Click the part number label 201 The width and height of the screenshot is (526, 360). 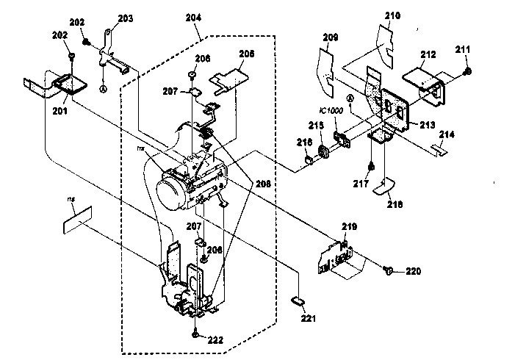pos(60,111)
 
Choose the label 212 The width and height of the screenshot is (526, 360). pos(429,54)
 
